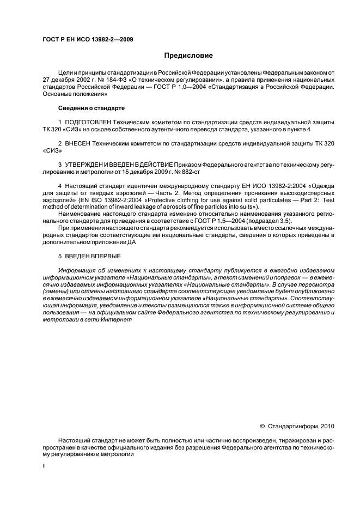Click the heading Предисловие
tap(189, 56)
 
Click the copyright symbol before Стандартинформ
tap(263, 426)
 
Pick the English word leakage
tap(138, 208)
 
